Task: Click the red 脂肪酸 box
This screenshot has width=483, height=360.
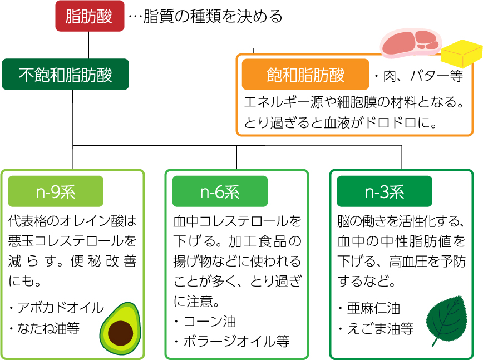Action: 90,16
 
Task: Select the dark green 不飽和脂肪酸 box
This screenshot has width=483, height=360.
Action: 66,75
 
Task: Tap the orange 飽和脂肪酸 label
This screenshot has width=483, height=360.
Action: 305,75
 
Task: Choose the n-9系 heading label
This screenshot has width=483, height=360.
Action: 56,192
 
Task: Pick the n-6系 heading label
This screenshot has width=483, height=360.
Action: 220,192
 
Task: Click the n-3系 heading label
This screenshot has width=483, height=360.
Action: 385,192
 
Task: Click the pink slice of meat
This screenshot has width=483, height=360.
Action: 410,42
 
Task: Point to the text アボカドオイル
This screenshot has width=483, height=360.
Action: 60,308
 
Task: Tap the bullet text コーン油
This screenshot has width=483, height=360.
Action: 209,321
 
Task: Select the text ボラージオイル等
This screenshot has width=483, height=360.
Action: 236,341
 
